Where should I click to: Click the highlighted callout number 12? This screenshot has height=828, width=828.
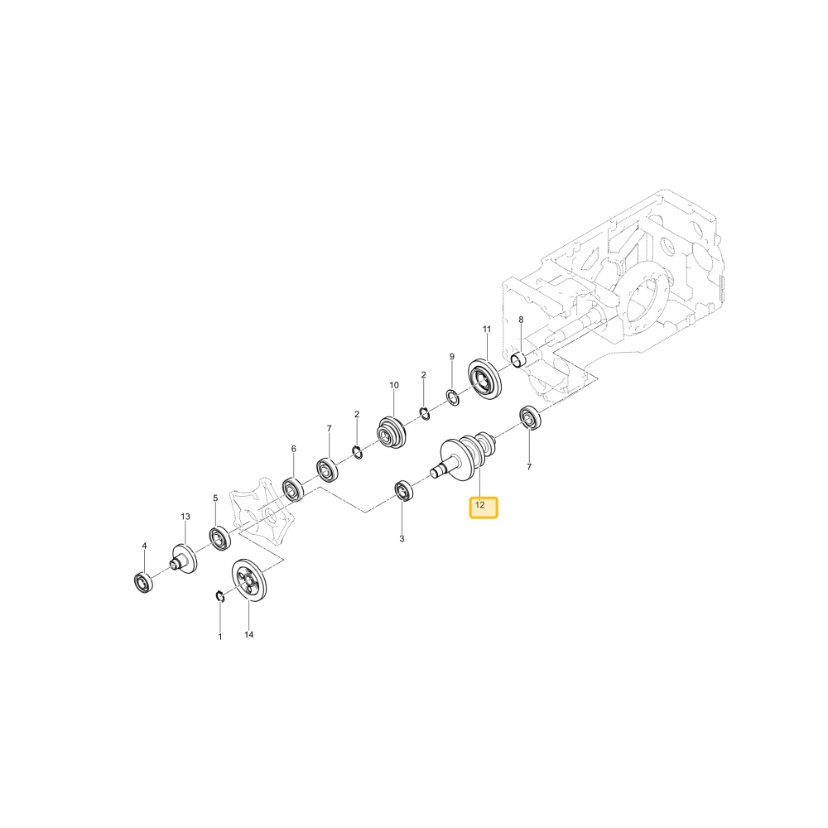pos(479,505)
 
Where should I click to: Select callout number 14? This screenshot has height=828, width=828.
pos(248,635)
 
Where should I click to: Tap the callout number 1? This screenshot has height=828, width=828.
pos(220,637)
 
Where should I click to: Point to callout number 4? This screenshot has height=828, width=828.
pos(144,546)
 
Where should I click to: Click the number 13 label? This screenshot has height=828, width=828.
pos(185,517)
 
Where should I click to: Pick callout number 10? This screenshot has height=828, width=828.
pos(394,385)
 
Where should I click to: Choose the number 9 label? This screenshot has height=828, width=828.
pos(451,357)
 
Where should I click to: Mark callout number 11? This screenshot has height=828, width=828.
pos(487,329)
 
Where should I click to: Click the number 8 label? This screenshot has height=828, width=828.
pos(521,320)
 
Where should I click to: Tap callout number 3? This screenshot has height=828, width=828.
pos(402,539)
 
